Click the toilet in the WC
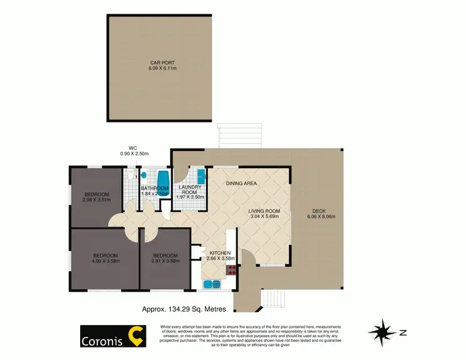point(129,177)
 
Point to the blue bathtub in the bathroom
point(163,179)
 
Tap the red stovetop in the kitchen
point(232,269)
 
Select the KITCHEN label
point(220,253)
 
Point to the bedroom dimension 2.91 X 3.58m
point(166,261)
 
